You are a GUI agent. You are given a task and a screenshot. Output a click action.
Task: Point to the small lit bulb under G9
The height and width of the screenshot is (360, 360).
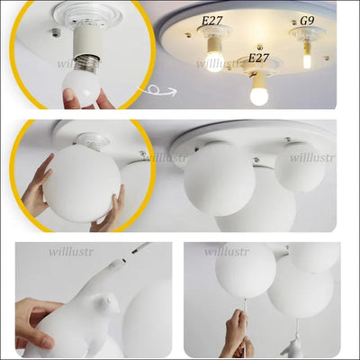point(306,59)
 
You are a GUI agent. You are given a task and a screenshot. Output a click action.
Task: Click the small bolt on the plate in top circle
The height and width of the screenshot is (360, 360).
point(55,32)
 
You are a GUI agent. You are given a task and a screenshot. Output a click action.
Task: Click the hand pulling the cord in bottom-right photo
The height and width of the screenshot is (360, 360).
point(236,333)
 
